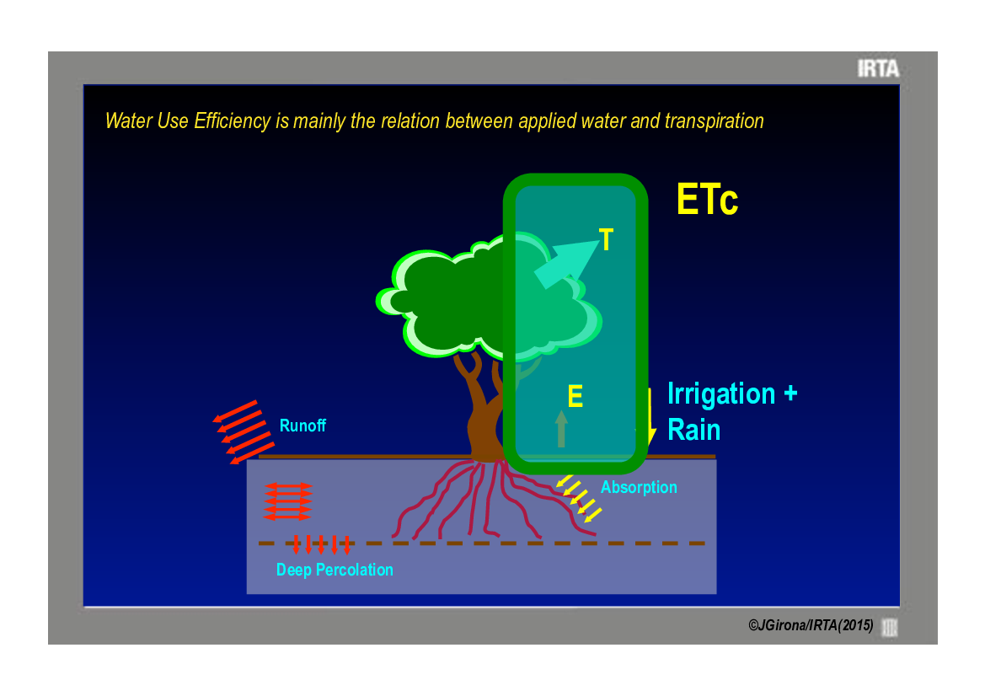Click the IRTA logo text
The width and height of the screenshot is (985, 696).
878,68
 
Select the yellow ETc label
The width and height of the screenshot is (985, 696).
707,200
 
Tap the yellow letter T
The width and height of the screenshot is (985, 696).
606,240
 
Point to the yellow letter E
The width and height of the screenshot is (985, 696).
575,396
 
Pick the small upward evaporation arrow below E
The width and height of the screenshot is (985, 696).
562,429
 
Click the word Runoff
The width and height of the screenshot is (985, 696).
302,426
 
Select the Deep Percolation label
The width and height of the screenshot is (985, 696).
335,570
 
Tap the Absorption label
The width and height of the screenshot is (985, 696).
639,487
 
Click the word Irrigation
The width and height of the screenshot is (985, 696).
721,394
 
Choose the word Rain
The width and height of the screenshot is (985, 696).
693,431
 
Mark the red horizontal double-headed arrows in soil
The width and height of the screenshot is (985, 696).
287,501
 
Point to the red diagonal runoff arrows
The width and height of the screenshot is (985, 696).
244,432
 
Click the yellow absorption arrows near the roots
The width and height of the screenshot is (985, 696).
579,498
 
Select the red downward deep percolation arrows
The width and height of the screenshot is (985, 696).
321,544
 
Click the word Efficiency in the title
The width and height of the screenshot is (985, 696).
233,120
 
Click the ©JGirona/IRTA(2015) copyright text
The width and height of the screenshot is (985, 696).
811,626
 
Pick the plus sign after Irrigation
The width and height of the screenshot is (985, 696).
790,394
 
